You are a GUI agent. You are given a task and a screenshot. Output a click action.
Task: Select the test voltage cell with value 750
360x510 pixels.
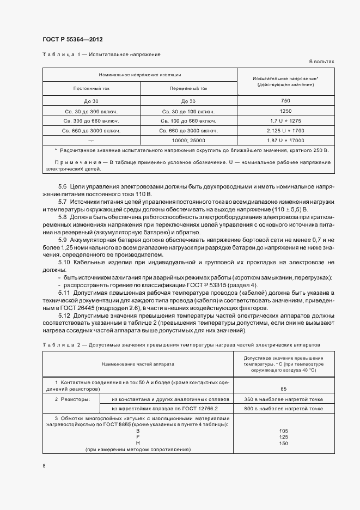(285, 101)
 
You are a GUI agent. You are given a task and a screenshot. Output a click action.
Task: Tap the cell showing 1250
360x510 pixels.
(285, 111)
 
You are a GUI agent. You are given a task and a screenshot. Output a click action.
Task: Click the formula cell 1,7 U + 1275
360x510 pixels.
(285, 121)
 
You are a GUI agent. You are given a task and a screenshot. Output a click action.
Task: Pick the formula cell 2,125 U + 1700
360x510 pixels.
(285, 131)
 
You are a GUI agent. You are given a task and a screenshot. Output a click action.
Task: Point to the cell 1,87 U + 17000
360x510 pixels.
(285, 141)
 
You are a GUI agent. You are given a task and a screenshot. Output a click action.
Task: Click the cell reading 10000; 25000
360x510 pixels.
(188, 141)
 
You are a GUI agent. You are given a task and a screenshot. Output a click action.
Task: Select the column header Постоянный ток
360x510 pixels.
(91, 88)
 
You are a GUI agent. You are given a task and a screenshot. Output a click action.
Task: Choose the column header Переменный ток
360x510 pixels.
(188, 88)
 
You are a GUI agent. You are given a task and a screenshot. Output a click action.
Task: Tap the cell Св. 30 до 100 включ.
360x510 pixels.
(188, 111)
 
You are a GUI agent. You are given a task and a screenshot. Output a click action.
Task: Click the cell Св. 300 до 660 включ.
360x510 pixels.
(91, 121)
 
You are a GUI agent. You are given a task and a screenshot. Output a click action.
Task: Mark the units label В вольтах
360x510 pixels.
(322, 62)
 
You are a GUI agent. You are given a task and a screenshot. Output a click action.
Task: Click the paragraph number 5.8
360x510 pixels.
(62, 217)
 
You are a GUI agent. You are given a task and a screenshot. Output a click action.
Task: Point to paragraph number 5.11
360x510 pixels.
(64, 293)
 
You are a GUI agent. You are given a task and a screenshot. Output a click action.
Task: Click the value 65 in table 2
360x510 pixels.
(284, 389)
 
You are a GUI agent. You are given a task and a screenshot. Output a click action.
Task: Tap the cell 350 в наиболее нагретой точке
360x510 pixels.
(284, 399)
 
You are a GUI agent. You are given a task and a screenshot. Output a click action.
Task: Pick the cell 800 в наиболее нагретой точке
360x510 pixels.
(284, 409)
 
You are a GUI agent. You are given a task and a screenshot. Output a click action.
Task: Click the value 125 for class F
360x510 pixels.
(284, 437)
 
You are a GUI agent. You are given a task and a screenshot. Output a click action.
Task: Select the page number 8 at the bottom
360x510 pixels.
(44, 465)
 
